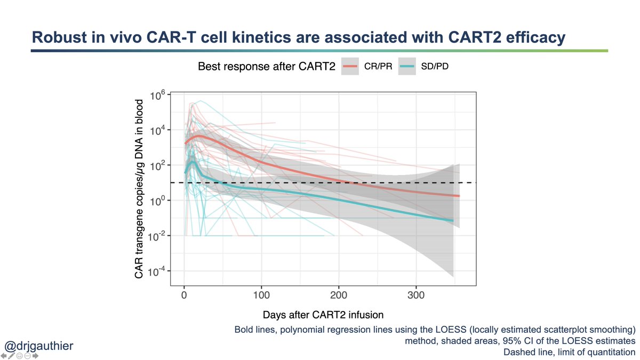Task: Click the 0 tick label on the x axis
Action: click(x=184, y=295)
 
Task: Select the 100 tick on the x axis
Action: click(x=261, y=295)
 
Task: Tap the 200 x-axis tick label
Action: click(x=339, y=295)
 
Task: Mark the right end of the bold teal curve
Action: click(x=453, y=220)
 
